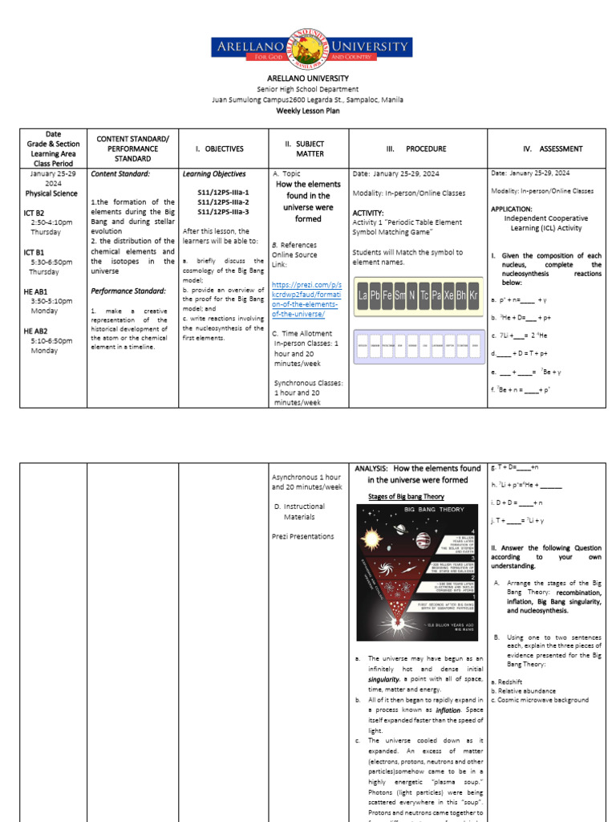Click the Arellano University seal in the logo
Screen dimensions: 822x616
click(x=308, y=47)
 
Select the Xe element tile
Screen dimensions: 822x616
click(x=448, y=296)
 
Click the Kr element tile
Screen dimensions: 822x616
click(x=472, y=296)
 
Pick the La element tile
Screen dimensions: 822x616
click(x=363, y=296)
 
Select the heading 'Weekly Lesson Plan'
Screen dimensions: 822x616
click(x=307, y=111)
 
